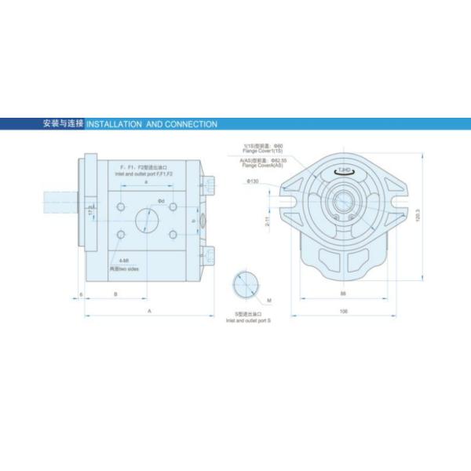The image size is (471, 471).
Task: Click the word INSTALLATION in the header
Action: pyautogui.click(x=113, y=124)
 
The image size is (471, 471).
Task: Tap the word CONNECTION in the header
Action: pyautogui.click(x=191, y=124)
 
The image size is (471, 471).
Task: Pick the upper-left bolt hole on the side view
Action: pyautogui.click(x=120, y=206)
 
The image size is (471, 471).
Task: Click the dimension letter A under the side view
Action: pyautogui.click(x=148, y=311)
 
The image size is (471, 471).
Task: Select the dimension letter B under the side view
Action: pyautogui.click(x=116, y=294)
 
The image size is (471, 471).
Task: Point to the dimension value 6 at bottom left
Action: pyautogui.click(x=81, y=294)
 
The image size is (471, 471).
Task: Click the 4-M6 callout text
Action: pyautogui.click(x=124, y=260)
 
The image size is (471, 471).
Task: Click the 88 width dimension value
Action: pyautogui.click(x=343, y=294)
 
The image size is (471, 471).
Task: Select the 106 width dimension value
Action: pyautogui.click(x=343, y=311)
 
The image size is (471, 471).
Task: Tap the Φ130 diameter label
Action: pyautogui.click(x=253, y=181)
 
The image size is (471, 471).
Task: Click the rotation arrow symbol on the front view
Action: pyautogui.click(x=344, y=170)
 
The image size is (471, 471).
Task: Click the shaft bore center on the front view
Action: pyautogui.click(x=344, y=203)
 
